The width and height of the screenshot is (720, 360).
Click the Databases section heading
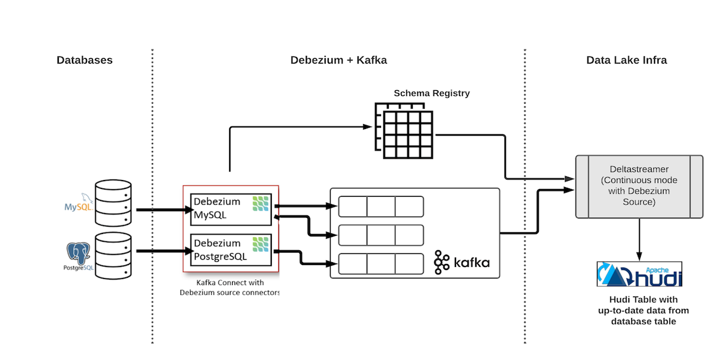(85, 60)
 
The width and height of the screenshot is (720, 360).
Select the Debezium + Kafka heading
(338, 60)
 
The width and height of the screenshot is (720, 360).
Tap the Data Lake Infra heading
(626, 60)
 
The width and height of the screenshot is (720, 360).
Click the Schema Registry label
(431, 93)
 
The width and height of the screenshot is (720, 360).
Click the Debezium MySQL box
(231, 209)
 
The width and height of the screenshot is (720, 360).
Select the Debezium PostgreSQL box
(231, 250)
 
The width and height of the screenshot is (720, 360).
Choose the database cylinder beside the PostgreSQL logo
(113, 256)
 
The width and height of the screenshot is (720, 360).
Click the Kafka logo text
(462, 262)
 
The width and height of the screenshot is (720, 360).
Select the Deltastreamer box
(638, 186)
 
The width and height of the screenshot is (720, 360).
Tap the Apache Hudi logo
(640, 274)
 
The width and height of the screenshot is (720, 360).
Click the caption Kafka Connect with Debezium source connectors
(230, 287)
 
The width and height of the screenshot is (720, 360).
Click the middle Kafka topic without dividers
(381, 235)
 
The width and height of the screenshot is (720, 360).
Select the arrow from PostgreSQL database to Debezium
(160, 252)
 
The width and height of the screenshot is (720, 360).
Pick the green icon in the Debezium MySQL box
(260, 203)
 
